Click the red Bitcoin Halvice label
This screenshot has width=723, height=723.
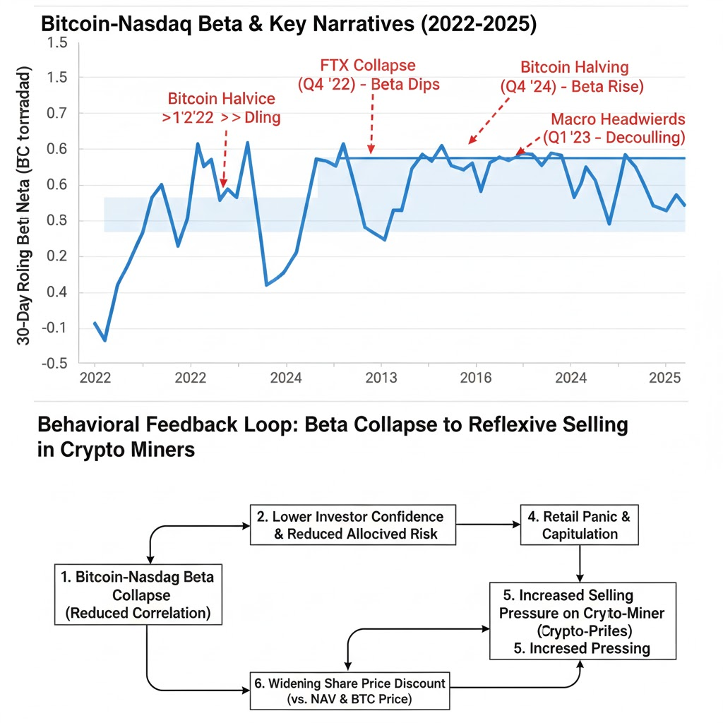coord(222,108)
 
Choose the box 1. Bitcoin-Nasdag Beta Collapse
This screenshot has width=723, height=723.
coord(138,594)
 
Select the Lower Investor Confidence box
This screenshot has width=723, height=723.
coord(353,525)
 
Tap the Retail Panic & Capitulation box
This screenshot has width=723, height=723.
coord(579,525)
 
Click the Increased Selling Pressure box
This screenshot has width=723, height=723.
coord(582,621)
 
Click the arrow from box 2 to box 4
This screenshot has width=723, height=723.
coord(488,525)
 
